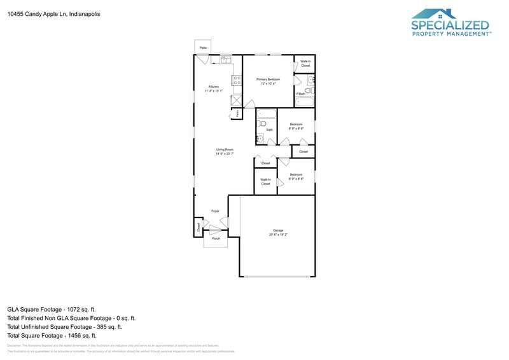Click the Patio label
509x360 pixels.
tap(204, 48)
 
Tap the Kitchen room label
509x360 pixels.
tap(214, 87)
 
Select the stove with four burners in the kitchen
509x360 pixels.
tap(237, 81)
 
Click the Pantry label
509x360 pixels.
tap(237, 113)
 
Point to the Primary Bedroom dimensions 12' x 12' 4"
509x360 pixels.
tap(268, 83)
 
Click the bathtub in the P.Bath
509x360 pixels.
tap(305, 102)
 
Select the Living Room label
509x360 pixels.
tap(225, 149)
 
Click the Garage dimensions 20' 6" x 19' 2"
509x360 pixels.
tap(278, 235)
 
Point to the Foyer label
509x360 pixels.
tap(215, 211)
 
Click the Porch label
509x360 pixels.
tap(216, 239)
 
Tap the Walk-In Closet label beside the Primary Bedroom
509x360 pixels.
tap(305, 64)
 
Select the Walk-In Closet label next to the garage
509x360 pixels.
tap(265, 182)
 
